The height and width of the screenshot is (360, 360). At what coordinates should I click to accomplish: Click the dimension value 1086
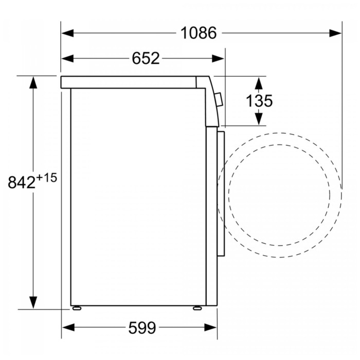199,33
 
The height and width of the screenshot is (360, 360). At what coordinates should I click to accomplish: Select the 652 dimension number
146,59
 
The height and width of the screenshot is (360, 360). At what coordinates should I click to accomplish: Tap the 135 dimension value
259,101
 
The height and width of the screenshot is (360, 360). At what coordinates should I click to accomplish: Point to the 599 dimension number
142,328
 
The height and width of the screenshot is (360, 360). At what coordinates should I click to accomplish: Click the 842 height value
22,183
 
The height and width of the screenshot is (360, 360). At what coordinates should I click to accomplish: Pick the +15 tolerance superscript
46,178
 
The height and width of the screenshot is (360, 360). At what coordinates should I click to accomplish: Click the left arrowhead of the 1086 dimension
68,33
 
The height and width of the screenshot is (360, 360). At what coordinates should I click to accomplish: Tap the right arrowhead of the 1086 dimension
335,33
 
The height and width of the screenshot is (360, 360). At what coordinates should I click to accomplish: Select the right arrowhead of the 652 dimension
218,59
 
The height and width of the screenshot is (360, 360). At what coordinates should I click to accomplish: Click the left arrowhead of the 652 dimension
68,59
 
